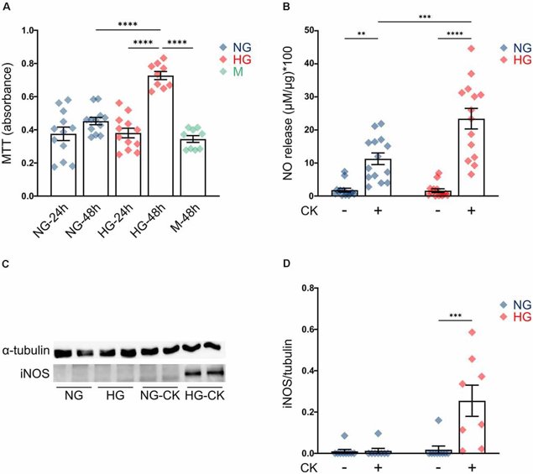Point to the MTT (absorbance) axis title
pyautogui.click(x=12, y=112)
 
